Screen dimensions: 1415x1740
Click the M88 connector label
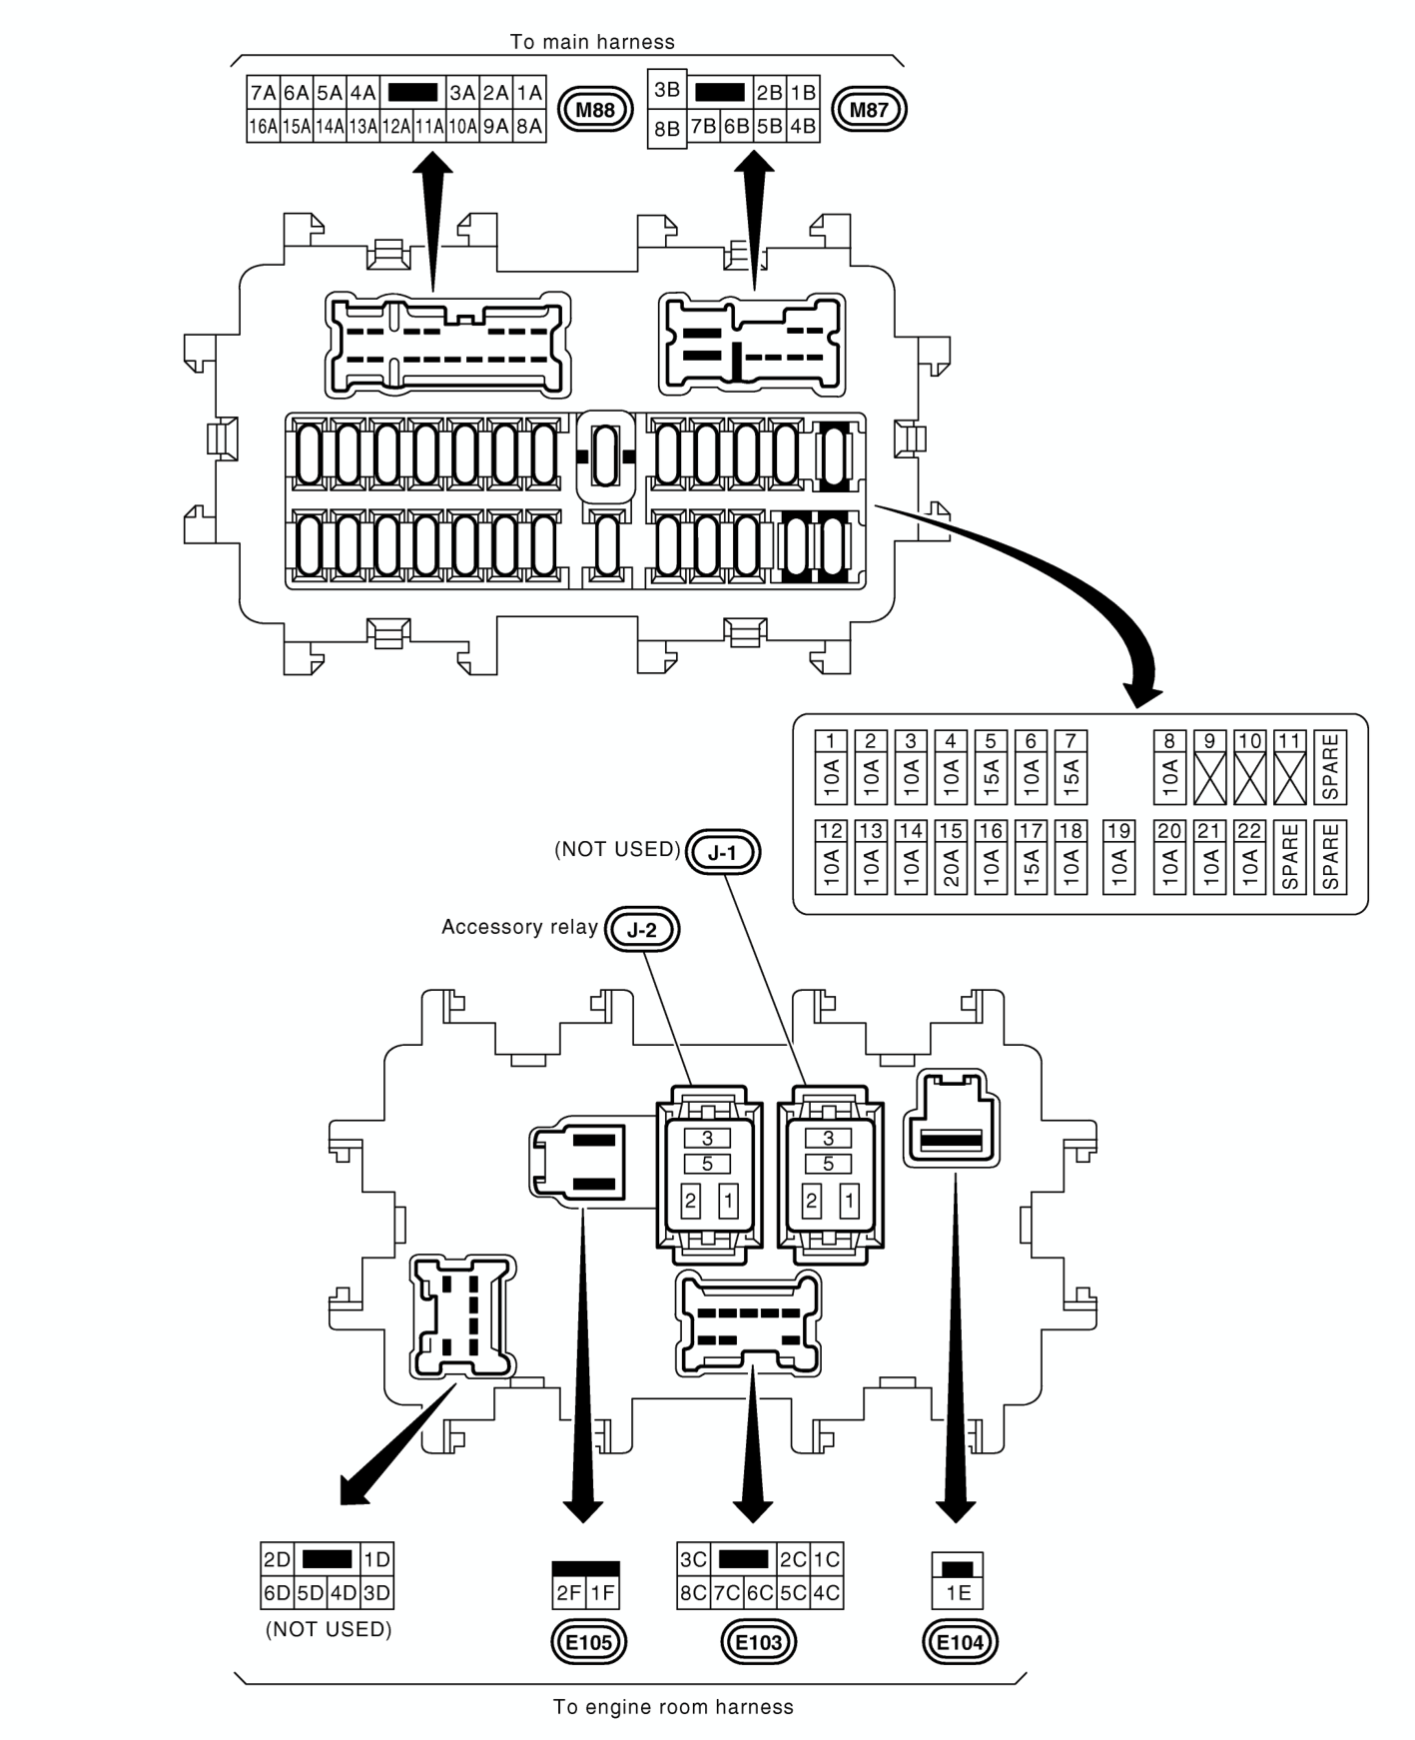[595, 109]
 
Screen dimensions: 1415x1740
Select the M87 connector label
[868, 109]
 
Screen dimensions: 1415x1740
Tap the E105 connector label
[589, 1641]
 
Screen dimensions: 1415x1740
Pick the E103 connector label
[759, 1641]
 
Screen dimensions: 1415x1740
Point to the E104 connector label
[961, 1641]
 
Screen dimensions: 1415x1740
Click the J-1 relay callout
[723, 852]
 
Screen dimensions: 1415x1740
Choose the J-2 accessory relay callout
[642, 930]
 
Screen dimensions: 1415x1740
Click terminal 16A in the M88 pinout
[264, 126]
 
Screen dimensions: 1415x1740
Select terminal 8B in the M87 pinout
[667, 129]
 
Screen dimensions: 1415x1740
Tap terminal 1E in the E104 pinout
[958, 1592]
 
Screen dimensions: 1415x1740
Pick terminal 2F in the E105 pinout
[569, 1592]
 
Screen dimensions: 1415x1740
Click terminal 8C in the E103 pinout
[693, 1592]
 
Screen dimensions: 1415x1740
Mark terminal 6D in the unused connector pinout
[277, 1592]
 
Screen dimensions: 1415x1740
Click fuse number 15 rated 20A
[951, 857]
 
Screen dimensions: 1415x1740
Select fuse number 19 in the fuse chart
[1119, 857]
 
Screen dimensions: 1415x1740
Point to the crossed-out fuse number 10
[1249, 767]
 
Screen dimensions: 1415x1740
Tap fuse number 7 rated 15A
[1070, 767]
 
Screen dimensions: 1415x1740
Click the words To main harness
[592, 42]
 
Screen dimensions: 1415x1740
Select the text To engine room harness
[673, 1707]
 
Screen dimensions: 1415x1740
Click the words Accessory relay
[519, 927]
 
